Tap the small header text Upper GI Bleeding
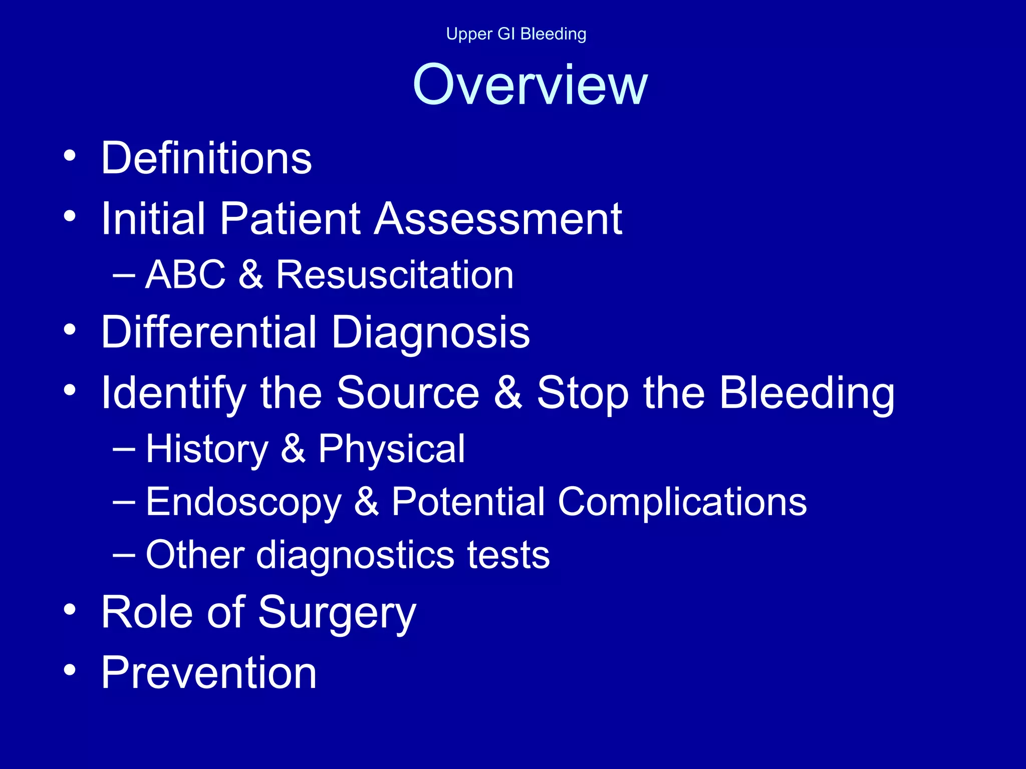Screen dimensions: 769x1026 [x=516, y=34]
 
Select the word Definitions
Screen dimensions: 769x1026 [x=206, y=158]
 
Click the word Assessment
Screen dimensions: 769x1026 [x=498, y=219]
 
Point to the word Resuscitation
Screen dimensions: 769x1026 [x=395, y=275]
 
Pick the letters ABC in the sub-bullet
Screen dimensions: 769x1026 [x=185, y=275]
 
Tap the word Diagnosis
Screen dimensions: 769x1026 [x=430, y=333]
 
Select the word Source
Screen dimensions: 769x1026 [x=408, y=393]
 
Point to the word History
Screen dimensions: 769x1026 [x=207, y=449]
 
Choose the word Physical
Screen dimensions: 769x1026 [x=392, y=449]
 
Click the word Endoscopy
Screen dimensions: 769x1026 [x=243, y=502]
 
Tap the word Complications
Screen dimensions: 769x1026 [x=682, y=502]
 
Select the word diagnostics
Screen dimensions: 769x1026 [x=356, y=556]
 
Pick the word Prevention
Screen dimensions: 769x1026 [x=209, y=673]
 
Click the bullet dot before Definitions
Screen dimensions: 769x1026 [x=70, y=156]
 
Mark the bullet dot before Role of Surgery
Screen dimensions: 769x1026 [x=70, y=609]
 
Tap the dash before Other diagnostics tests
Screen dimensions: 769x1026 [x=124, y=555]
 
